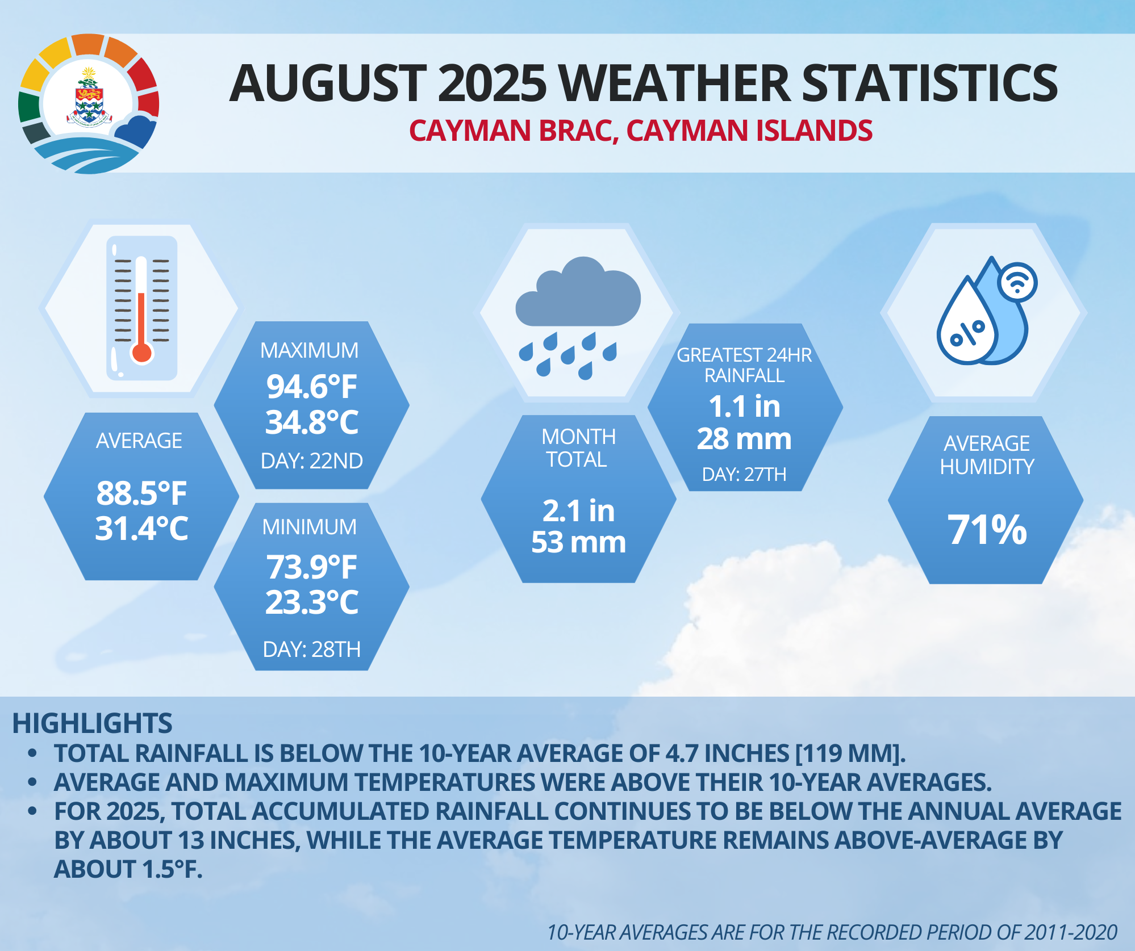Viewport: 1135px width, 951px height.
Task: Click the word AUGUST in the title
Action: [328, 84]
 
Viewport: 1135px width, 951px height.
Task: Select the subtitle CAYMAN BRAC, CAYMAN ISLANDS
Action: [640, 131]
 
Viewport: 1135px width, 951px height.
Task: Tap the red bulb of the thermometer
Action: [141, 352]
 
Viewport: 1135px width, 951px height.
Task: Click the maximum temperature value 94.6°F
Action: [311, 387]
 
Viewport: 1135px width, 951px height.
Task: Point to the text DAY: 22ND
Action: [311, 461]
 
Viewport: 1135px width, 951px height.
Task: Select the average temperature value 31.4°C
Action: [141, 529]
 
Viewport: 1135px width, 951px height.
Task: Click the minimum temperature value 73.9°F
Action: [311, 567]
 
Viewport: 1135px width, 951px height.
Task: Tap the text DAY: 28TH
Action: [311, 649]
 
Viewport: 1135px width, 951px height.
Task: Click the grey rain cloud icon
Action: [577, 295]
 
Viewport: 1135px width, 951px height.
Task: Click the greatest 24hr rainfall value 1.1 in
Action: [744, 407]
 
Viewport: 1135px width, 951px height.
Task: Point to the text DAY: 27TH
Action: [744, 474]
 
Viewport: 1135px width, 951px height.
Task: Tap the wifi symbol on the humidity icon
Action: [1017, 282]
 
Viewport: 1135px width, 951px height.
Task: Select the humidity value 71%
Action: [987, 529]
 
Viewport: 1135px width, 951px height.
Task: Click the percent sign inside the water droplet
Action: [967, 334]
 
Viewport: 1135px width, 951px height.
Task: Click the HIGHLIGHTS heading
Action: [92, 723]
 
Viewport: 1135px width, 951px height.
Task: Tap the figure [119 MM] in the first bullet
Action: [850, 753]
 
